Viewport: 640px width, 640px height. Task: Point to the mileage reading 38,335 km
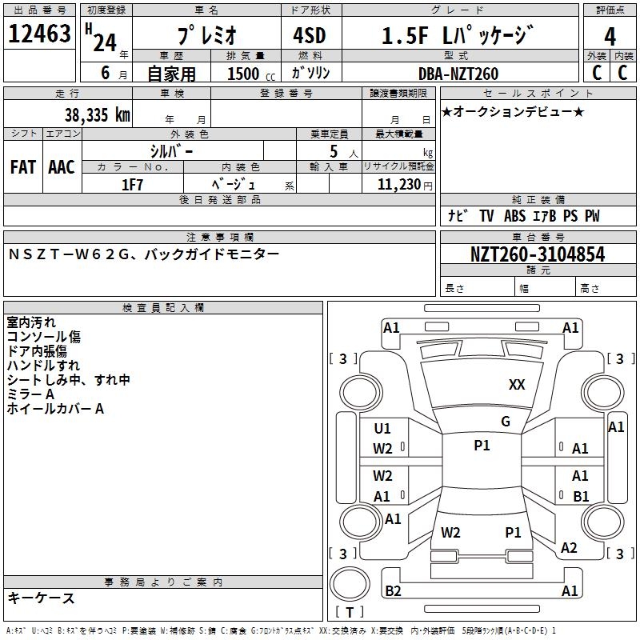tap(97, 114)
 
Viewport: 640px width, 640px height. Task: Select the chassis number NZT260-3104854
tap(538, 254)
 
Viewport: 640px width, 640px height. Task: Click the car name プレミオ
tap(206, 36)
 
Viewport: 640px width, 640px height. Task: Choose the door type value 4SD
tap(305, 36)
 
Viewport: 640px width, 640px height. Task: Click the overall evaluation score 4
tap(610, 37)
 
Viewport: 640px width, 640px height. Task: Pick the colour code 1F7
tap(132, 184)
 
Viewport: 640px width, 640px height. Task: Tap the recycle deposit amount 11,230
tap(398, 184)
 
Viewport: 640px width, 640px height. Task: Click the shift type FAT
tap(23, 166)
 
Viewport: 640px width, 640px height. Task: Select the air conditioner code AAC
tap(62, 166)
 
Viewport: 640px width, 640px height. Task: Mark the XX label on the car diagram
tap(517, 385)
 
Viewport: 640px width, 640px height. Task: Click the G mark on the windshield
tap(505, 422)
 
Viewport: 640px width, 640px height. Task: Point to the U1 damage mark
tap(382, 428)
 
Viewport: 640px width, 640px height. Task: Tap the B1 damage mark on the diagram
tap(581, 496)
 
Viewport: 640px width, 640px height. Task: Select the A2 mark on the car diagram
tap(569, 548)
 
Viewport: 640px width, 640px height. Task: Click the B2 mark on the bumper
tap(393, 591)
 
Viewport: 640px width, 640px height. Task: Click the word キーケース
tap(42, 598)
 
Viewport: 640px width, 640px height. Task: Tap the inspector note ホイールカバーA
tap(55, 409)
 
